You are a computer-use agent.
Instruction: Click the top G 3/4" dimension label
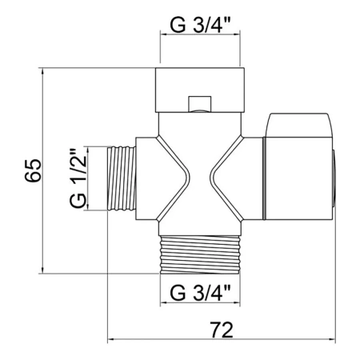click(x=200, y=26)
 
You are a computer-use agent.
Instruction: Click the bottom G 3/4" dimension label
click(x=200, y=293)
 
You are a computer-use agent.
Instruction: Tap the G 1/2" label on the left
click(x=78, y=179)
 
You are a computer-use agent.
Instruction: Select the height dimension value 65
click(x=34, y=170)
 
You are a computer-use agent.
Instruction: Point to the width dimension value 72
click(x=222, y=330)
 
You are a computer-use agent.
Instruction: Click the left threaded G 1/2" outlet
click(x=122, y=178)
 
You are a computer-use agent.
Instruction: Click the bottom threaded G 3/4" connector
click(x=200, y=254)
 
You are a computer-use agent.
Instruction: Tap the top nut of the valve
click(x=200, y=90)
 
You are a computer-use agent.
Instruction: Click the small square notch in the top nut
click(x=200, y=104)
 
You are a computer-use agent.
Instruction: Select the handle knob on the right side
click(x=298, y=166)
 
